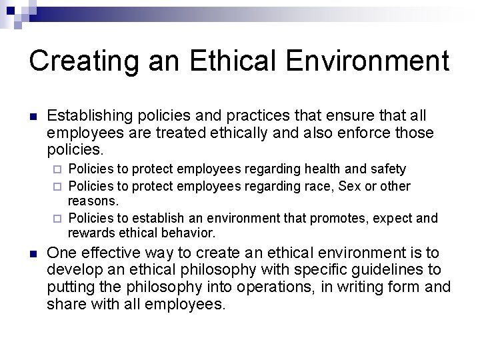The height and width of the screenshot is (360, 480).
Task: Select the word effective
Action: (111, 253)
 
